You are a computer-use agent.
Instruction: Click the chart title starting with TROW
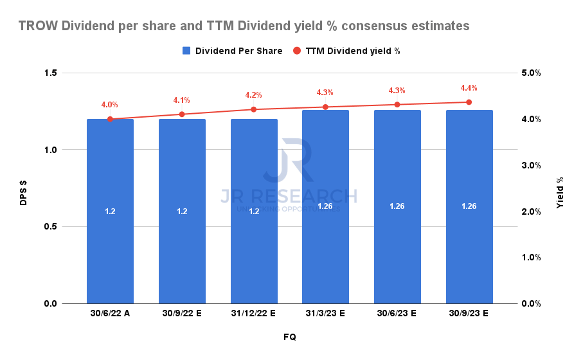pyautogui.click(x=244, y=26)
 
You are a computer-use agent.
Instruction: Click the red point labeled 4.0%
pyautogui.click(x=110, y=119)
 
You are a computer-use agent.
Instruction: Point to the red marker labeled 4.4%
pyautogui.click(x=469, y=102)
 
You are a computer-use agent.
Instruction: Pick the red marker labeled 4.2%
pyautogui.click(x=253, y=109)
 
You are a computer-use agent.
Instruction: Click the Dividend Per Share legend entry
pyautogui.click(x=232, y=51)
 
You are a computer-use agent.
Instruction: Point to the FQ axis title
pyautogui.click(x=289, y=337)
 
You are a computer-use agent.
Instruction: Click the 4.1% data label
pyautogui.click(x=182, y=100)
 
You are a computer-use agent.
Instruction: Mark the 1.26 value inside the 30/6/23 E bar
pyautogui.click(x=397, y=206)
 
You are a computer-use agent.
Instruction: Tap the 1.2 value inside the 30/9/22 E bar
pyautogui.click(x=182, y=211)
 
